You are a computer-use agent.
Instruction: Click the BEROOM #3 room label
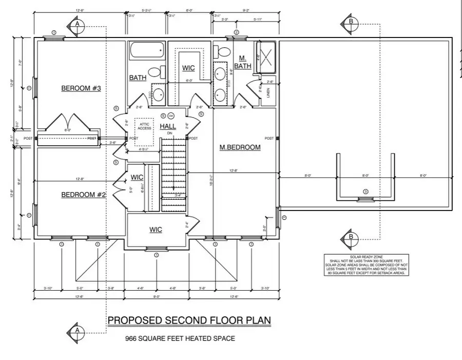(x=81, y=88)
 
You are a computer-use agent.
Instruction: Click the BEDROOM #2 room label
(x=83, y=195)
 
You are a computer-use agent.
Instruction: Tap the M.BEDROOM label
(x=240, y=147)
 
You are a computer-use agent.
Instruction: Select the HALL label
(x=168, y=126)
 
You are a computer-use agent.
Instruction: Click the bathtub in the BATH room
(x=147, y=51)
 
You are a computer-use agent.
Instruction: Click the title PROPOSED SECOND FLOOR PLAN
(x=189, y=320)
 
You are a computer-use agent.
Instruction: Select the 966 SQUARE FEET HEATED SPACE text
(x=180, y=338)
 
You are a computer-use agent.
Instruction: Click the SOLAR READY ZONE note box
(x=365, y=265)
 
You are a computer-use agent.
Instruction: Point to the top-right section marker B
(x=351, y=22)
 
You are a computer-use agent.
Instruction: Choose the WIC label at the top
(x=188, y=68)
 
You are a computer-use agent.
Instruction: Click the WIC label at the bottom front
(x=156, y=230)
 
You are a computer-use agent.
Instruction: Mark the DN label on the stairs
(x=170, y=134)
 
